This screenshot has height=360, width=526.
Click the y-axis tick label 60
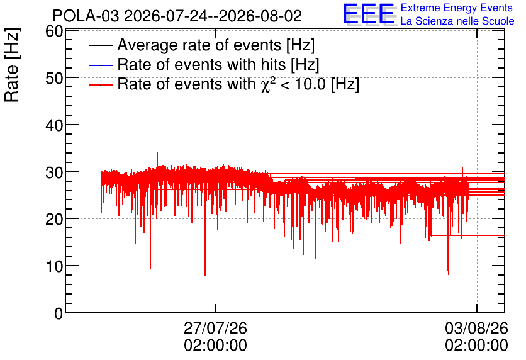54,31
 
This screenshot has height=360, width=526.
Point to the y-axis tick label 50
54,79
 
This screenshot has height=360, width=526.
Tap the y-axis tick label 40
54,125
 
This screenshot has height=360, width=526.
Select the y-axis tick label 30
54,172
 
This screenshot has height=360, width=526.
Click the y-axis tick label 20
54,220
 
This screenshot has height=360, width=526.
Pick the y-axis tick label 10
54,267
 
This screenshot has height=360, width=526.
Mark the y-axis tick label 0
59,313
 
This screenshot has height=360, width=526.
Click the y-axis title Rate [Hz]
12,65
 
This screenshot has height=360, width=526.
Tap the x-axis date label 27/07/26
215,328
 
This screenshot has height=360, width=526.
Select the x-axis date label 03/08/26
477,328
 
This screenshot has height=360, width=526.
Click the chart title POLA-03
86,16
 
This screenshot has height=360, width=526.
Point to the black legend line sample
100,45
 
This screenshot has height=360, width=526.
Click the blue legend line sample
100,65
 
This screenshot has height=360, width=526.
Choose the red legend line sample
100,84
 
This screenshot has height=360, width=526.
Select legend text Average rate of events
199,45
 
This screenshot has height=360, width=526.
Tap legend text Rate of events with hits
201,64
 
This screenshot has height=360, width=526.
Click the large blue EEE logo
369,14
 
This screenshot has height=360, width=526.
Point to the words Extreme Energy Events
457,8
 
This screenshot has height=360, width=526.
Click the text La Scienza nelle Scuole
457,21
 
